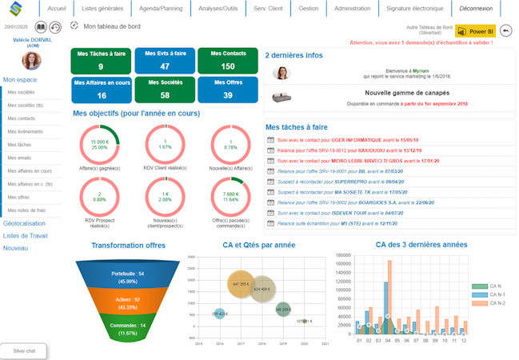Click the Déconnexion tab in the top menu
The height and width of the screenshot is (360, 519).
(x=477, y=8)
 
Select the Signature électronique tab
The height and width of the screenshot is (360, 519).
(x=415, y=8)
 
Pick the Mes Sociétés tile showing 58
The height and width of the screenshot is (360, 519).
(x=163, y=90)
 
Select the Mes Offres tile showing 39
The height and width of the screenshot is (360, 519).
(x=228, y=90)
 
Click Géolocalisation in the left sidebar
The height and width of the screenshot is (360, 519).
(x=25, y=223)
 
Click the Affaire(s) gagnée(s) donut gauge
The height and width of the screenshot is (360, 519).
(x=99, y=145)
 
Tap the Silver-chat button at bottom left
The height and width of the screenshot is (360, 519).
(x=24, y=350)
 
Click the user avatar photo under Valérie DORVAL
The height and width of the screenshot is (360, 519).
(x=33, y=61)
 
